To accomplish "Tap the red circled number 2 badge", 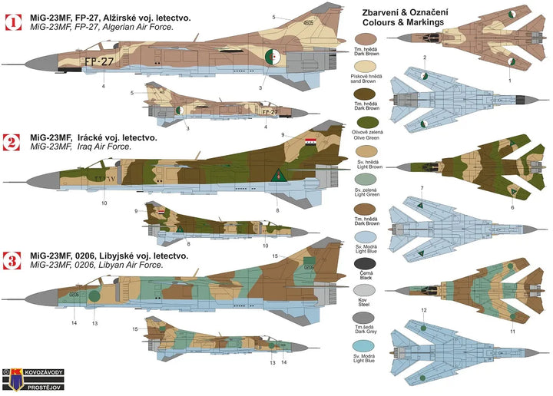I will [13, 143].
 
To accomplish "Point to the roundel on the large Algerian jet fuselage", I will [272, 58].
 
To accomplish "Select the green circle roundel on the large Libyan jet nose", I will [94, 295].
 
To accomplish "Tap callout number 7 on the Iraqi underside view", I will [421, 188].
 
